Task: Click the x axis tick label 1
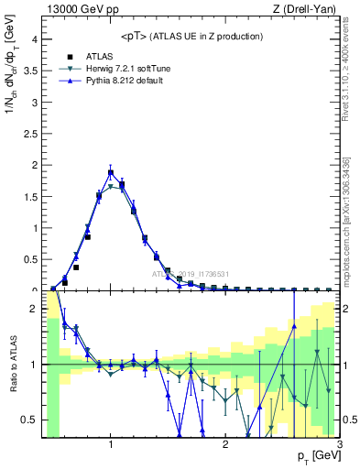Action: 111,445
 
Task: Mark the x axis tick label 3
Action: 340,445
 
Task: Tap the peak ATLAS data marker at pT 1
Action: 111,172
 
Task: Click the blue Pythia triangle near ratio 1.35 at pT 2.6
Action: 294,325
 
